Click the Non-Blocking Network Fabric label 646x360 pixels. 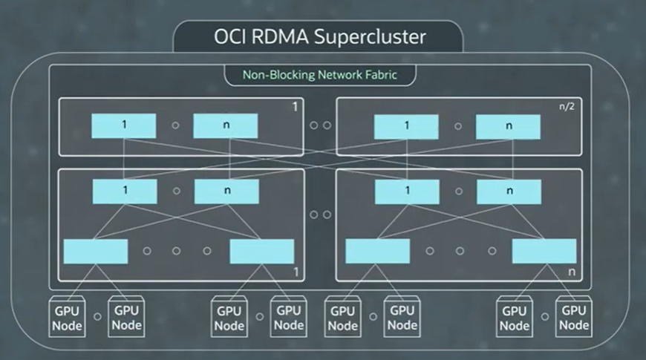(320, 75)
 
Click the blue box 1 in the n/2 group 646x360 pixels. (406, 126)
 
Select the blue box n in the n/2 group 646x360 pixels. (509, 126)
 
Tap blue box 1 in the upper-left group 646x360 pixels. (124, 126)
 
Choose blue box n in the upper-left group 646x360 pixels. (226, 126)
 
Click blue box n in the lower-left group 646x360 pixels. (226, 192)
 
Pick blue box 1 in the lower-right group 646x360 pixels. (407, 192)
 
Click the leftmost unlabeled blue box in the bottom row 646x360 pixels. (96, 251)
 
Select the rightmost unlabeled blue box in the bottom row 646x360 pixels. (544, 251)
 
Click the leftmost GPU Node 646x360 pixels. (67, 318)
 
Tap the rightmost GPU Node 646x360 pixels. (574, 318)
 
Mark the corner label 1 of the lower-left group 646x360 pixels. (296, 272)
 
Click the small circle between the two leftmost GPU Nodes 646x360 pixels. (97, 317)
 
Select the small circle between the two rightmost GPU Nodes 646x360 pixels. (544, 317)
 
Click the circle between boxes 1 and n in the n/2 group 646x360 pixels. (457, 126)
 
